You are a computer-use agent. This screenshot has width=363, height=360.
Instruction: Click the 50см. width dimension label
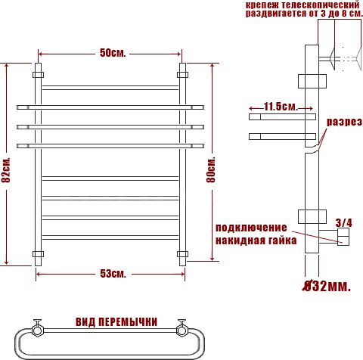point(113,53)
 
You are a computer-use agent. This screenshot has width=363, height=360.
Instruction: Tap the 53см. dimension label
point(113,274)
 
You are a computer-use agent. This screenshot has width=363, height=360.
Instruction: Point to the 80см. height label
point(211,169)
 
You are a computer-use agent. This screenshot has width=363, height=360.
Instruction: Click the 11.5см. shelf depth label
point(281,107)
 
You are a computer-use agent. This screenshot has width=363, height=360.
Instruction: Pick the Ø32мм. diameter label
point(327,286)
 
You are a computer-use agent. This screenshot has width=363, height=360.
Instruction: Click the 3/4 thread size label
point(343,222)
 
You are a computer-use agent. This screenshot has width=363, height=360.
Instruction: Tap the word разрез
point(344,122)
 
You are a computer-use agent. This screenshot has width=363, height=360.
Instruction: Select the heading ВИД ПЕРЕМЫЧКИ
point(116,322)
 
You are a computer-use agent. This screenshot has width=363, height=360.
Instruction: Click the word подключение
point(251,228)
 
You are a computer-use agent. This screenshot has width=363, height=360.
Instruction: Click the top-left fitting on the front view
point(38,75)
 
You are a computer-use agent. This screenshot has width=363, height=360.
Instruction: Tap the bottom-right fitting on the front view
point(182,254)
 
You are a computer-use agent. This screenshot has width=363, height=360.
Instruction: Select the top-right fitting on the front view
point(182,75)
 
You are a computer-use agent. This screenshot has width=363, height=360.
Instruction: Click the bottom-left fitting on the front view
point(38,254)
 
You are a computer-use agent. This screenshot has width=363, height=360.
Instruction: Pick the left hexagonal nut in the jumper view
point(38,330)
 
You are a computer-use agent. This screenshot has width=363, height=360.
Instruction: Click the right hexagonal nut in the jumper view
point(181,330)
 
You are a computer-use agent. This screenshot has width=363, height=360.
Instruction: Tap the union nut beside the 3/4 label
point(343,237)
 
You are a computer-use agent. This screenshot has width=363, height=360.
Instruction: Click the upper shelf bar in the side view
point(282,116)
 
